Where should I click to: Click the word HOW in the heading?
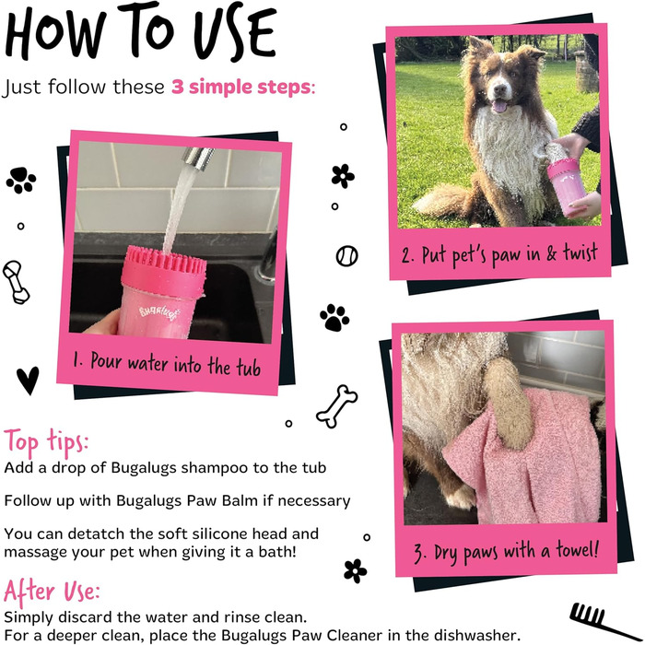[x=55, y=34]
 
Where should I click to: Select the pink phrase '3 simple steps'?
[x=241, y=87]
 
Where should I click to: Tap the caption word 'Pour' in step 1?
[x=106, y=361]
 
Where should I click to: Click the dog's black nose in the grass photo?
[x=499, y=88]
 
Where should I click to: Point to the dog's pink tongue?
[x=499, y=107]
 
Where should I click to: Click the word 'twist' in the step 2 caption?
[x=580, y=252]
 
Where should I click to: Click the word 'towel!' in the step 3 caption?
[x=577, y=549]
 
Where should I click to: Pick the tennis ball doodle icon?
[x=346, y=256]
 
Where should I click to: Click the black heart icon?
[x=28, y=380]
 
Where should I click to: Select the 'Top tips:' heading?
[x=46, y=442]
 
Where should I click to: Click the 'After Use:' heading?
[x=52, y=592]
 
